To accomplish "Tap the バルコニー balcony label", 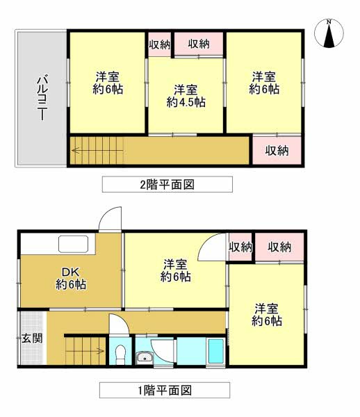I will click(41, 98).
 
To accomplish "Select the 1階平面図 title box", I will click(164, 390).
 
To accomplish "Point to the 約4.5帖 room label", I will click(186, 96).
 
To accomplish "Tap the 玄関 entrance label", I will click(31, 339).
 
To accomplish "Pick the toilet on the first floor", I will click(120, 354).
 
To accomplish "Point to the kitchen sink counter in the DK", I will click(72, 244).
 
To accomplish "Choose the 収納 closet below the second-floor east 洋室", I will click(277, 150).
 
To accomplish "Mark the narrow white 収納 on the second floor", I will click(159, 44).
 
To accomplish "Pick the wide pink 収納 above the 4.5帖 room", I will click(199, 44).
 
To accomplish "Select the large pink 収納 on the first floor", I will click(279, 247).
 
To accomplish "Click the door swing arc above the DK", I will click(110, 221).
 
